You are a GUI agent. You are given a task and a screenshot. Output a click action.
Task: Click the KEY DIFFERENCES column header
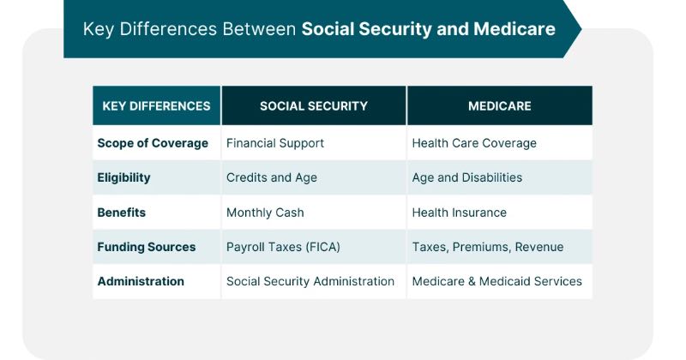click(156, 106)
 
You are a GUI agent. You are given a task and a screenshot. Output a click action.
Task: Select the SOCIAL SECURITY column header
click(314, 106)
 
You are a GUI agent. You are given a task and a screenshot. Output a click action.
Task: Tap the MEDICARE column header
click(499, 106)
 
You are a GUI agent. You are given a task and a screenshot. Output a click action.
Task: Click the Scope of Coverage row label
click(153, 143)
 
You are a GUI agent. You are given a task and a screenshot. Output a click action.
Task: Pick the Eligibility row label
click(123, 177)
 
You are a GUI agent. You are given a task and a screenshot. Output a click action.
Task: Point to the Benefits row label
click(122, 212)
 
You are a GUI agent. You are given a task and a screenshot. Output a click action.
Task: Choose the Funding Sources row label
click(147, 247)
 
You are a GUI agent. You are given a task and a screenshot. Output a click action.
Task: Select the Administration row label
click(141, 281)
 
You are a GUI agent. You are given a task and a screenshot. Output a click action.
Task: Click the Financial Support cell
click(275, 143)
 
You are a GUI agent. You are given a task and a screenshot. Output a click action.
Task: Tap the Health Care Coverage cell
click(474, 143)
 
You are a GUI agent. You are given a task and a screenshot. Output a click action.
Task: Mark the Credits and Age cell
click(272, 177)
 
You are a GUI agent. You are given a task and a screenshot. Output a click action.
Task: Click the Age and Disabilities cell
click(467, 177)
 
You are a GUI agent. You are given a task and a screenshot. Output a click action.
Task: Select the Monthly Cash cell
click(265, 212)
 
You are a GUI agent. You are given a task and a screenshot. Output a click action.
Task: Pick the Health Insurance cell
click(460, 212)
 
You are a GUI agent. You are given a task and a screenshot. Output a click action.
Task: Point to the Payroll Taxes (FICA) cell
click(284, 247)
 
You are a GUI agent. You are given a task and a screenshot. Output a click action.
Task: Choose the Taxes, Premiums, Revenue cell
click(488, 247)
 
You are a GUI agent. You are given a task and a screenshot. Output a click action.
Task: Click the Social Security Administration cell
click(310, 281)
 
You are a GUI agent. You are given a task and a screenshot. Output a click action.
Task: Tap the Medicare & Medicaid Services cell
click(497, 281)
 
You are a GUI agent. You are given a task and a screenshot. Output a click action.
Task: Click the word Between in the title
click(259, 29)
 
